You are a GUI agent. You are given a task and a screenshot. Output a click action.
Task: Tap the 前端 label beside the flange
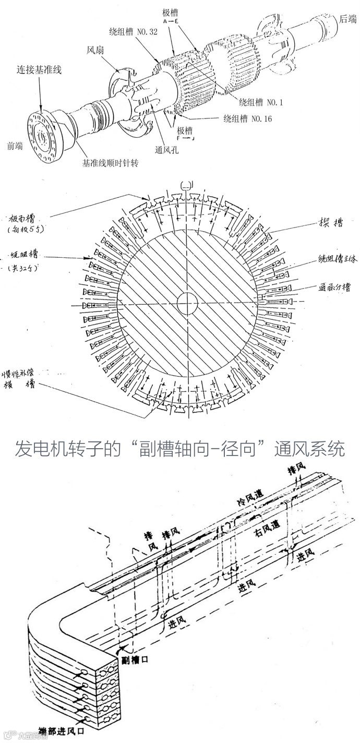14,146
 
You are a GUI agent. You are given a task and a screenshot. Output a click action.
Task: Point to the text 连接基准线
40,69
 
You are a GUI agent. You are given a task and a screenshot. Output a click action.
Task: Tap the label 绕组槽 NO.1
260,103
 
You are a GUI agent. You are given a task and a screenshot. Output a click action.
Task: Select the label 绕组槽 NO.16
247,118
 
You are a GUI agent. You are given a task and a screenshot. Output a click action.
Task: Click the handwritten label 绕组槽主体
338,260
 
